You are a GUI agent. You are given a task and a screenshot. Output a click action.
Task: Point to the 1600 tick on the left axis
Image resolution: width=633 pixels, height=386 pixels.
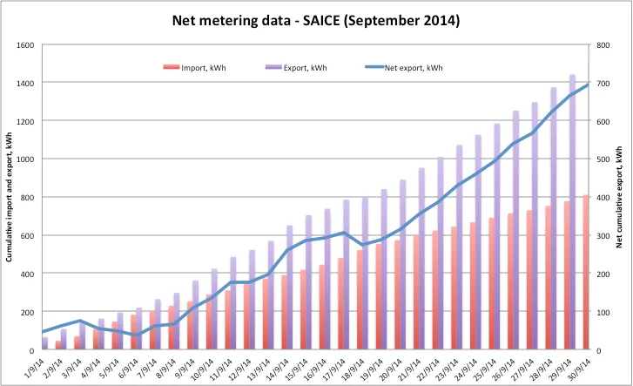tap(24, 44)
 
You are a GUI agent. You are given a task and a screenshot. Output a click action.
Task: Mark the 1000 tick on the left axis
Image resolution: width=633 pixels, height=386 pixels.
tap(24, 159)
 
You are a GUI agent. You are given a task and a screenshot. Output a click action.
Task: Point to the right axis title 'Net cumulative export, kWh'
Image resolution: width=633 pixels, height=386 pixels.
tap(622, 197)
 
